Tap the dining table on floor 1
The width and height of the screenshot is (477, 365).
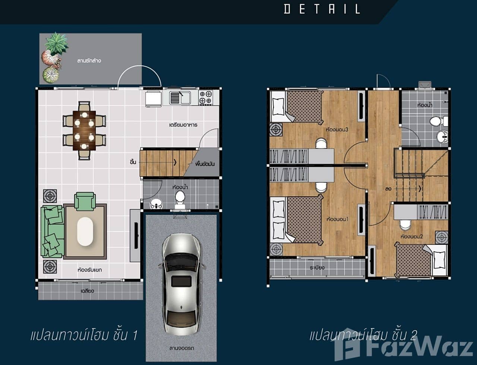[84, 130]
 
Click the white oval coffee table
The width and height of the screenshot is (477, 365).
[85, 231]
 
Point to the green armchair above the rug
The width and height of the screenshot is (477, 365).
[85, 201]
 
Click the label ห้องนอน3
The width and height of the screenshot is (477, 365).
[337, 129]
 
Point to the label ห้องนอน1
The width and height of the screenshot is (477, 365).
[337, 219]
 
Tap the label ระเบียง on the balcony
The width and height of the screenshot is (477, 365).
[317, 267]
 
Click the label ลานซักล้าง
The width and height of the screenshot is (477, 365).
[89, 60]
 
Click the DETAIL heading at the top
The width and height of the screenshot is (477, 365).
[322, 9]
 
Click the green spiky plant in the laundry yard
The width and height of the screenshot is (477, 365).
[57, 43]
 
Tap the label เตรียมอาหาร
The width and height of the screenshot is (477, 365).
[183, 124]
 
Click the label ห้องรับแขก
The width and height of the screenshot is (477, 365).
[89, 270]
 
